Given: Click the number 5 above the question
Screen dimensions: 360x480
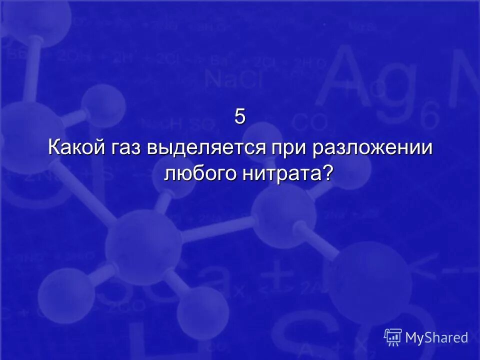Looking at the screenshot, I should [240, 117].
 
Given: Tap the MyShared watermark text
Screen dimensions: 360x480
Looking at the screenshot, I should [436, 337].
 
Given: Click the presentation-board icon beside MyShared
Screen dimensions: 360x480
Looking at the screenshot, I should [393, 337].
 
